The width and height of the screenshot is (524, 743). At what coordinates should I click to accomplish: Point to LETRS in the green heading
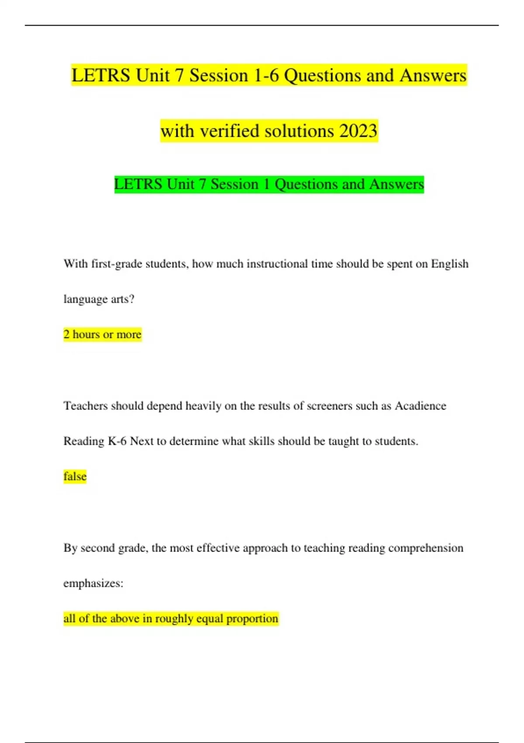138,184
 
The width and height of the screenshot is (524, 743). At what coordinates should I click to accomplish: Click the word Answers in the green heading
396,184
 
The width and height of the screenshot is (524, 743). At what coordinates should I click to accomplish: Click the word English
450,264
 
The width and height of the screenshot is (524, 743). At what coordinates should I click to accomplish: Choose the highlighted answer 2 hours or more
103,334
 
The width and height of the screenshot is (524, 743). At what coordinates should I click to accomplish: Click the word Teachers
86,406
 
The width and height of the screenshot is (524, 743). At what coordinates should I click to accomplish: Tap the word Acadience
421,406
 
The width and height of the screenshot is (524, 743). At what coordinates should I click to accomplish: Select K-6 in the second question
117,441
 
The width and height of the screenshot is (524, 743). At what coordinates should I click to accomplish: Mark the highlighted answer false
75,476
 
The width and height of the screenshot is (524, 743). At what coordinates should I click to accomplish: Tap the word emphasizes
93,583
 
